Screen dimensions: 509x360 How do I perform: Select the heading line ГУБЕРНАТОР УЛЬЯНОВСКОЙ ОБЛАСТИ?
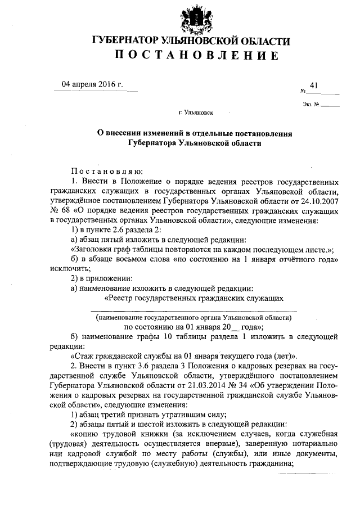191,41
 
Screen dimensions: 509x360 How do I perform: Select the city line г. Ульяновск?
196,112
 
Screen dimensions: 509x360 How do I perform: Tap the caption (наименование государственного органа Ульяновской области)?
193,317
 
